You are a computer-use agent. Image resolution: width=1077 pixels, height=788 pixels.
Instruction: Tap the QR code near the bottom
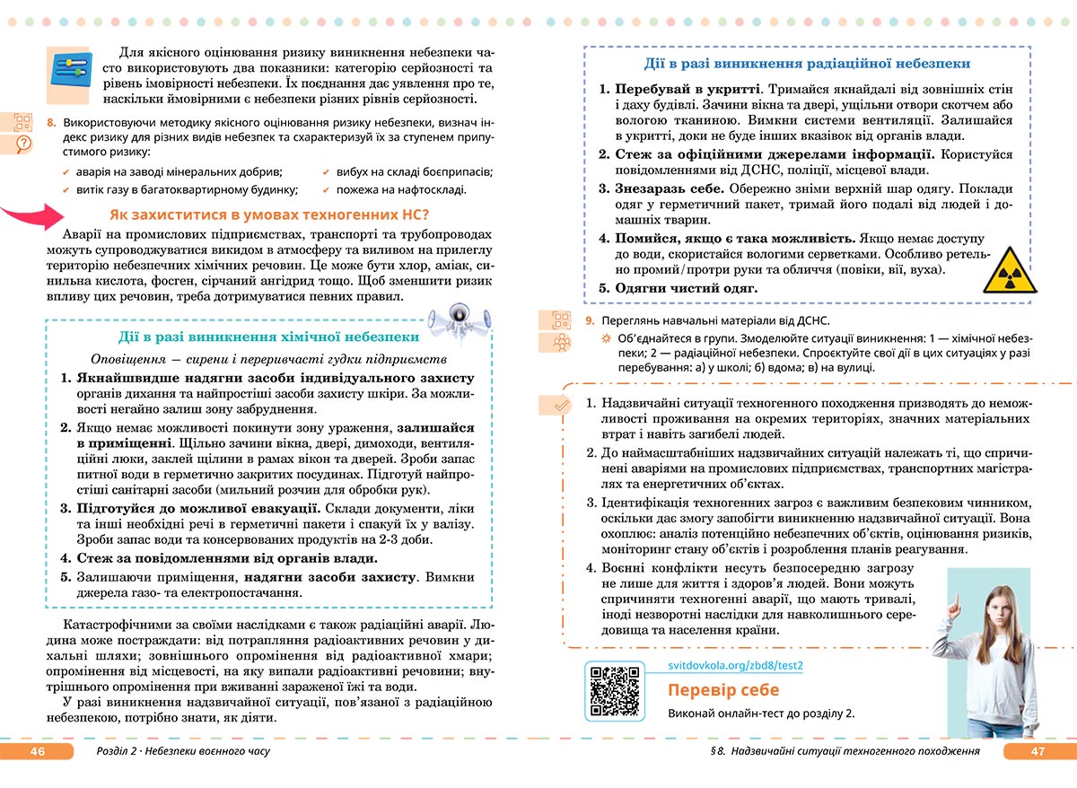(614, 689)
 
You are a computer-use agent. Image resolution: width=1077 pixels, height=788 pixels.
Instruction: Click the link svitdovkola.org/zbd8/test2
(736, 665)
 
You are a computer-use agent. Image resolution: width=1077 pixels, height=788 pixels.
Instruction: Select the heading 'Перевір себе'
(723, 690)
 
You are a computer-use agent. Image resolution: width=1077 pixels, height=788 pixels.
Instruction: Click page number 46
(37, 751)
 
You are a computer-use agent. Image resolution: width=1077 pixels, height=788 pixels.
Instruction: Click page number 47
(1038, 751)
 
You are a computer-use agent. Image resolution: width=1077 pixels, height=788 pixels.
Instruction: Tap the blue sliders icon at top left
(71, 67)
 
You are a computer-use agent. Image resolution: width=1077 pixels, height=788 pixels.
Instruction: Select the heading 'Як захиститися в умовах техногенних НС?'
(269, 215)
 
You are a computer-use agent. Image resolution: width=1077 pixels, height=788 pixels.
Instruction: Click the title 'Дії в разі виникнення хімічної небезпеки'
(268, 337)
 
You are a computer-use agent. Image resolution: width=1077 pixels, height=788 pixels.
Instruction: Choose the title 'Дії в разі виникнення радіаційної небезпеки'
(806, 64)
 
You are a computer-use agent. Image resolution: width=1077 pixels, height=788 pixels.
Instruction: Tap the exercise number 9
(589, 321)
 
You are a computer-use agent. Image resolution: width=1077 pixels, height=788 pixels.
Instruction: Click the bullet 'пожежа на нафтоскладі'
(400, 190)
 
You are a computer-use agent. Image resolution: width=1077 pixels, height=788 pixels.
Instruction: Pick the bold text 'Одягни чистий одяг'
(686, 288)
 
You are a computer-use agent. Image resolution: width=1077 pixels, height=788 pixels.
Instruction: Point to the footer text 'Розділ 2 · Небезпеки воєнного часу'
(182, 751)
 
